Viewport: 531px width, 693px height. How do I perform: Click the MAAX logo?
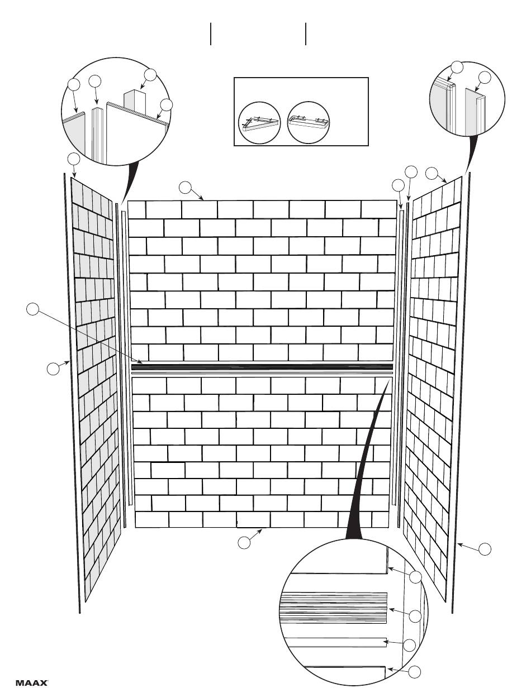point(32,682)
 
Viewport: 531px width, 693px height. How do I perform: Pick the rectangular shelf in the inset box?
point(309,122)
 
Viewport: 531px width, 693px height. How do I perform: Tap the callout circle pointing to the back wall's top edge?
point(186,188)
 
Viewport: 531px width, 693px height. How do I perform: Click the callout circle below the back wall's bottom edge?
point(244,542)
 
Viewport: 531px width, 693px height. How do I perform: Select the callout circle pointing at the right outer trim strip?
point(485,548)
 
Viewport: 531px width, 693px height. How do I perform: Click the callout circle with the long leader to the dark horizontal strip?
point(33,308)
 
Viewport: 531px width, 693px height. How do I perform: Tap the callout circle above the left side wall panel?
point(74,159)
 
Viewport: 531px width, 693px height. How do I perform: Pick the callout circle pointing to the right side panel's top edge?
point(432,173)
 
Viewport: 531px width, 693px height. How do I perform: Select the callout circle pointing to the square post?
point(150,74)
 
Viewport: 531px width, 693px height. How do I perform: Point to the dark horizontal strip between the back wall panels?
point(262,367)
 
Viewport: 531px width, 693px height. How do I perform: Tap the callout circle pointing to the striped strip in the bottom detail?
point(415,616)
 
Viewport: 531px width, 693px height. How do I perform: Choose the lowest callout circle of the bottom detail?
point(414,672)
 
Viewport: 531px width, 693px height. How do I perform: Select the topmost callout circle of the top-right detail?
point(457,66)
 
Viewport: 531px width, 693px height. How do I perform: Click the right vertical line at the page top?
point(306,34)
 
